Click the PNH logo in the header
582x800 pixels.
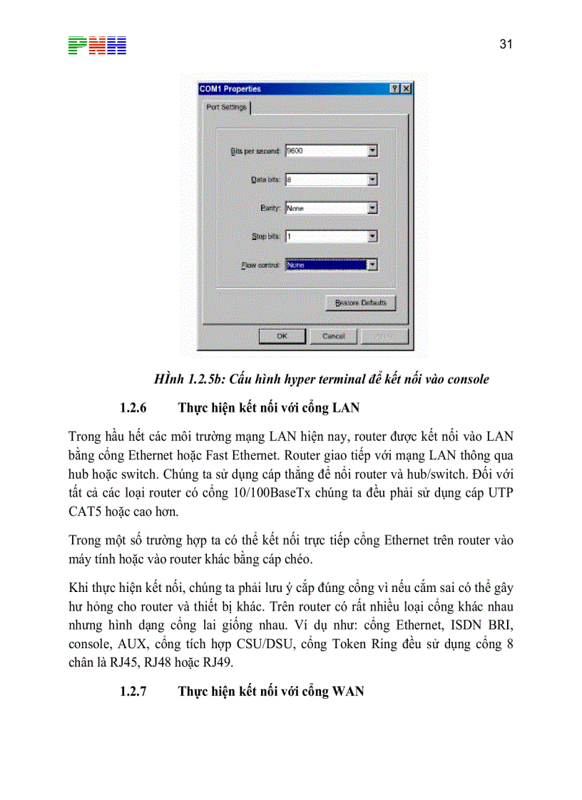[97, 46]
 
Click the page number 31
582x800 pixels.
[506, 44]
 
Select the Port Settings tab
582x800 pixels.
[226, 108]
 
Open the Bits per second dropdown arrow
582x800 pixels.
[372, 151]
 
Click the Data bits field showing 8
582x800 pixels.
[326, 180]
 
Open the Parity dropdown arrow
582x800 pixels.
[372, 208]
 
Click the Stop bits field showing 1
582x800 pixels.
[326, 237]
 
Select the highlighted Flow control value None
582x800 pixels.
[325, 265]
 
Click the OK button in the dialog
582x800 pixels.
[282, 336]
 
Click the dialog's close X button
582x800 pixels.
[406, 89]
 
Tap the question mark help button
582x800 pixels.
[394, 89]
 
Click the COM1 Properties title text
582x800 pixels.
[230, 89]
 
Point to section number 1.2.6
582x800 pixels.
[133, 409]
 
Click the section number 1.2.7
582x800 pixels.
[133, 692]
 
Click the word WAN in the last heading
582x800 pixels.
[348, 692]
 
